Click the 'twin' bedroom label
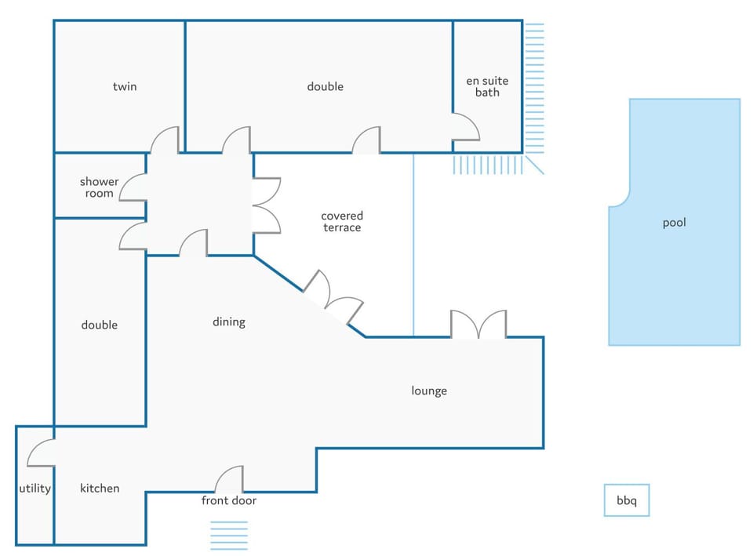point(125,86)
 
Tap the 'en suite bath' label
point(487,86)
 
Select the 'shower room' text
point(99,187)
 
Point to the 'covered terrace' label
point(342,221)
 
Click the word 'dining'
point(228,322)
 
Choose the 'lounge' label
point(429,391)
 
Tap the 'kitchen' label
point(100,489)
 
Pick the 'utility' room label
point(35,489)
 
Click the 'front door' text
point(228,500)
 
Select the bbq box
point(627,500)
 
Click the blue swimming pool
point(675,222)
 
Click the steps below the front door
point(229,536)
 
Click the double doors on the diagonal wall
point(333,296)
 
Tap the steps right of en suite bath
point(534,88)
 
